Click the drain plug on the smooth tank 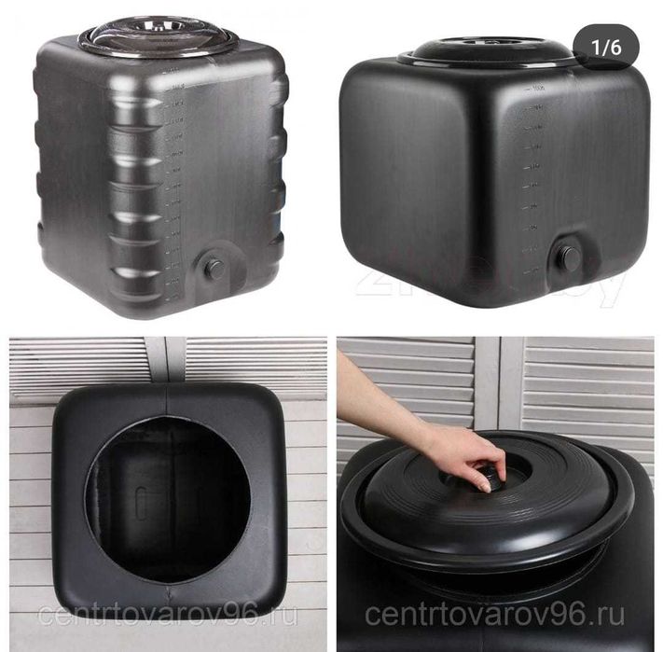point(569,257)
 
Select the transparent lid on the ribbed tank point(158,37)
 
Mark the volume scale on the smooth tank point(532,177)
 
